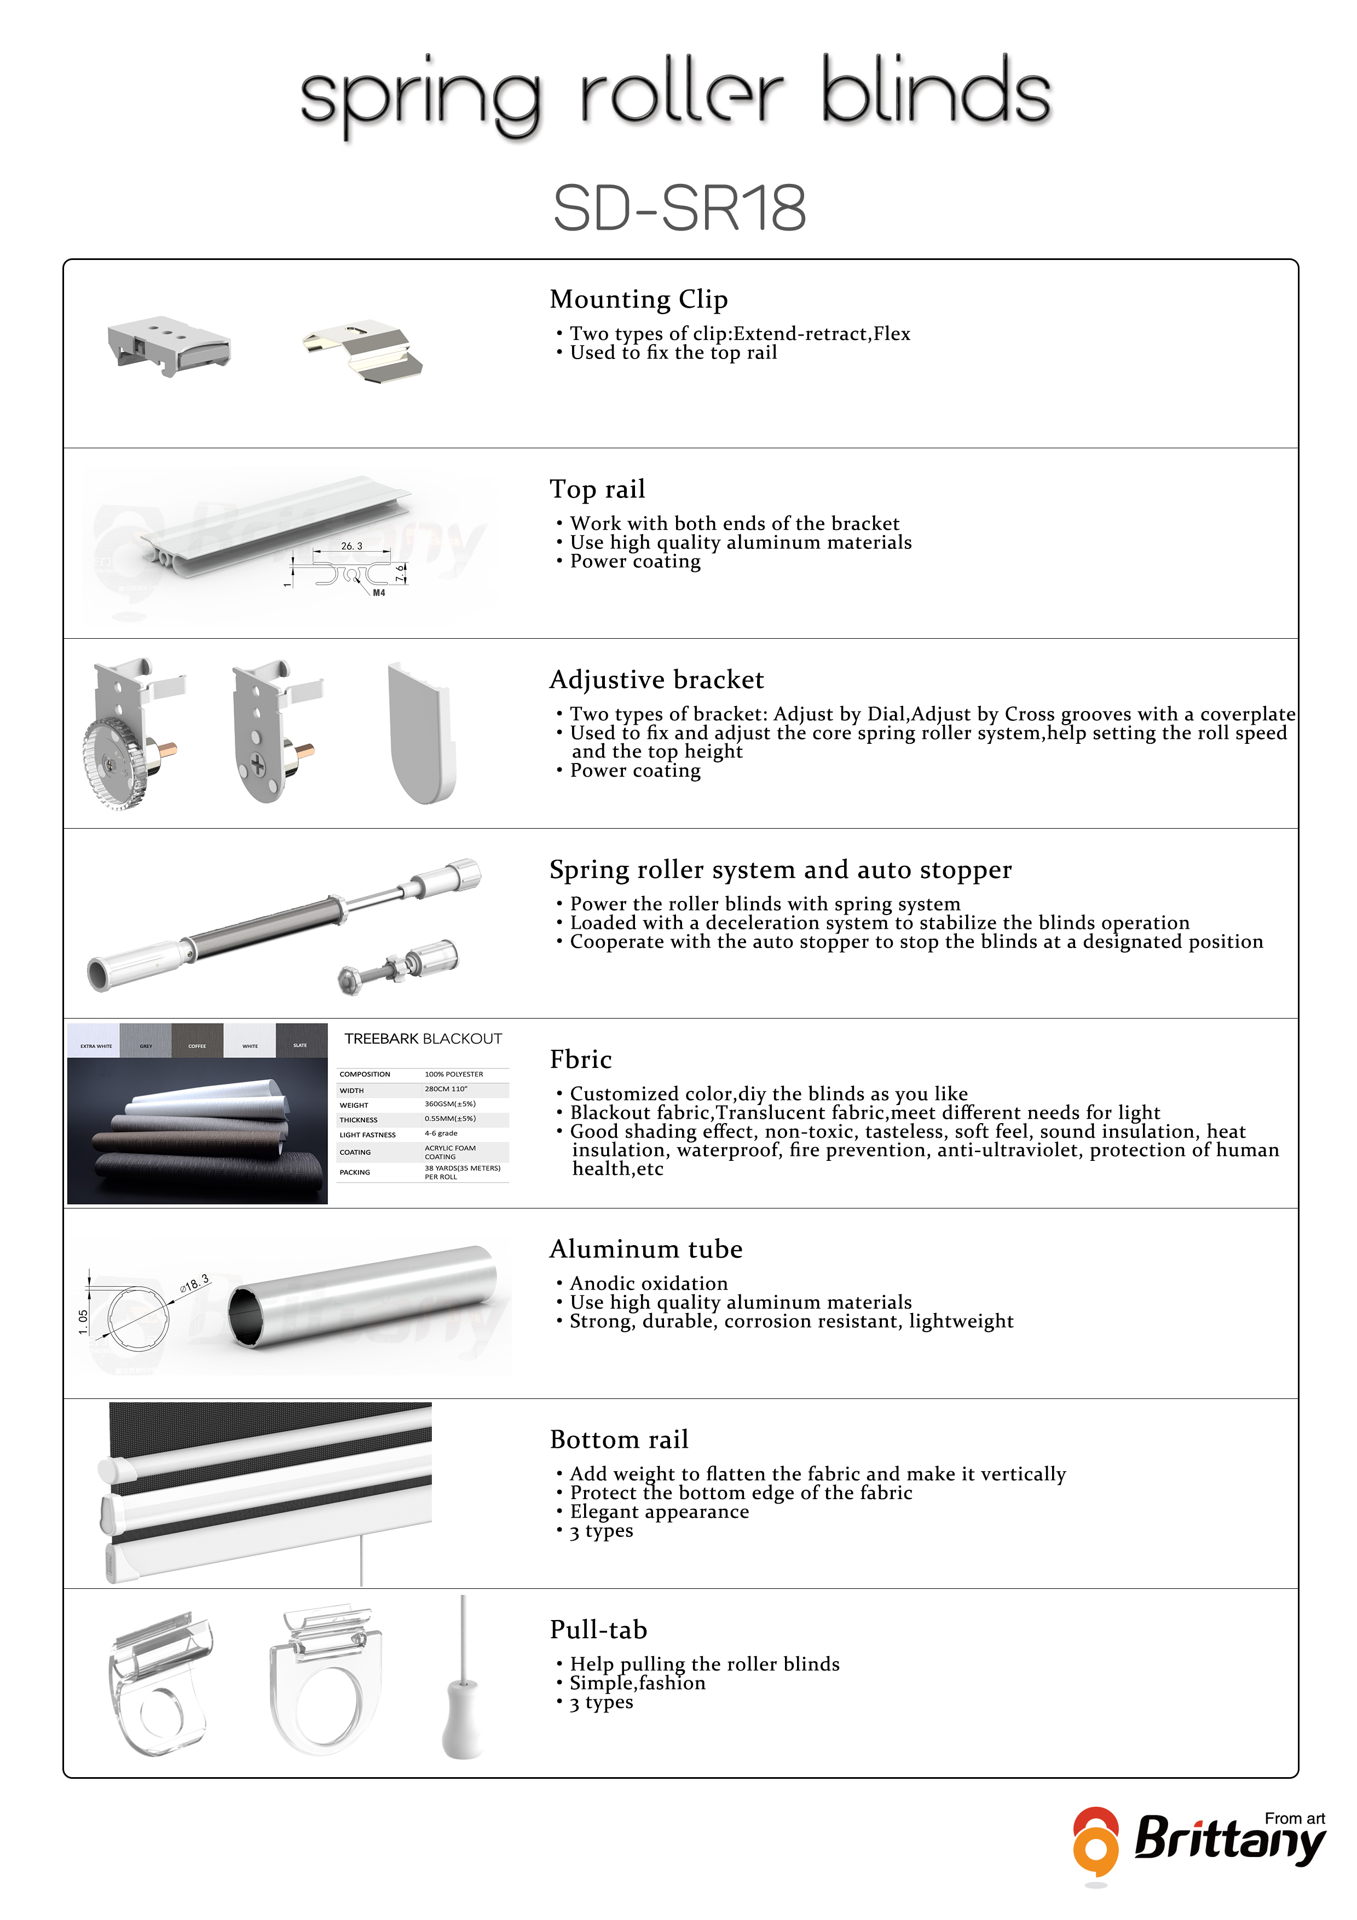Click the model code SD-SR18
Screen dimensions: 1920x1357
[x=679, y=208]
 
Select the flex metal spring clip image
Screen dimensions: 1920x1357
[x=363, y=352]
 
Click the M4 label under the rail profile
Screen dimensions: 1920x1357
[x=379, y=593]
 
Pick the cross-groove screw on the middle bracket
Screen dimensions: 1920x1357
[x=257, y=764]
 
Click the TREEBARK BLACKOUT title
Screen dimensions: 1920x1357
[x=423, y=1039]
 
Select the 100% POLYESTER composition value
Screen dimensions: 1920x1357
[x=454, y=1074]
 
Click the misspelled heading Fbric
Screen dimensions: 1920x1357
[x=580, y=1060]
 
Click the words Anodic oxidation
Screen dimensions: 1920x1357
[x=649, y=1283]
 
